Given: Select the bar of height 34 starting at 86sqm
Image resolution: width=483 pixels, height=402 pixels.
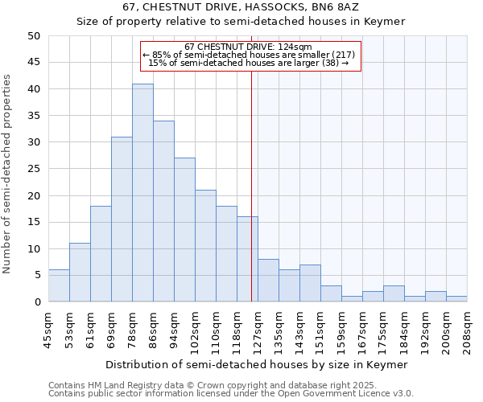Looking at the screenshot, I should [x=163, y=211].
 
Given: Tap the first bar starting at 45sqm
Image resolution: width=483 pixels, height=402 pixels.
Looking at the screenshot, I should [x=59, y=286].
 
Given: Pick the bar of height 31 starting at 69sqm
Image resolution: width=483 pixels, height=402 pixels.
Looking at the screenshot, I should [x=122, y=219].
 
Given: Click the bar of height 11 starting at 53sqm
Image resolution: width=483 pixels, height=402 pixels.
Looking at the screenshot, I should [x=80, y=273].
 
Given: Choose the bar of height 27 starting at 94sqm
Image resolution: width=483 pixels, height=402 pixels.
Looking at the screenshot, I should [x=184, y=230].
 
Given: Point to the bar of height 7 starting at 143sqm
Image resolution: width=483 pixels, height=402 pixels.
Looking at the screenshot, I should [x=310, y=283].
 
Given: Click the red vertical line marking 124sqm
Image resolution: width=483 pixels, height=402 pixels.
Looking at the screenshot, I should [x=251, y=185].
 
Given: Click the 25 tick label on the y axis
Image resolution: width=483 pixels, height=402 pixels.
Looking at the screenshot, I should [x=34, y=169].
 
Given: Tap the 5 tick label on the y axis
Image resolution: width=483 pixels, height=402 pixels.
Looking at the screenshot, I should [x=37, y=276].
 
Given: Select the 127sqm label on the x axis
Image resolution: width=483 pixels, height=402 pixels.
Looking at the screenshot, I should [x=258, y=329].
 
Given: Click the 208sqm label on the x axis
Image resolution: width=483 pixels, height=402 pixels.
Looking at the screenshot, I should [x=467, y=329].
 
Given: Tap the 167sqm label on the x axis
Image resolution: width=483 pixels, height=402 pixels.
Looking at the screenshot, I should [x=362, y=329].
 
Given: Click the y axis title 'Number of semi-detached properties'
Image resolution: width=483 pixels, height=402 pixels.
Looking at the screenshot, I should [x=8, y=174].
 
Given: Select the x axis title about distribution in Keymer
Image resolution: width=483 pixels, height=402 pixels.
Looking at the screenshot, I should [x=257, y=364].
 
